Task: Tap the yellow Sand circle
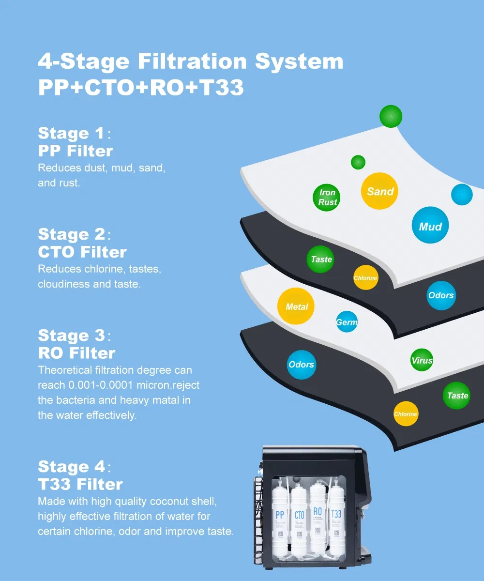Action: [x=380, y=191]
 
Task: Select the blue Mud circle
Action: [x=430, y=226]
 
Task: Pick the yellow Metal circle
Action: [x=296, y=306]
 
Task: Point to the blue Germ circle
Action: [x=347, y=322]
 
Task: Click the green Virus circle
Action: [x=422, y=360]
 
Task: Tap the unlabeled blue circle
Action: [x=461, y=195]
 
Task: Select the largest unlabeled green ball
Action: [x=391, y=116]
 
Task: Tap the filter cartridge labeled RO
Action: [x=318, y=516]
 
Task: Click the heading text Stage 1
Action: [x=71, y=133]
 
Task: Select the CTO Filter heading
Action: [x=82, y=252]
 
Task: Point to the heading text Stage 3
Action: [x=71, y=336]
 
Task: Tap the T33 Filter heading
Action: [x=80, y=484]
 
